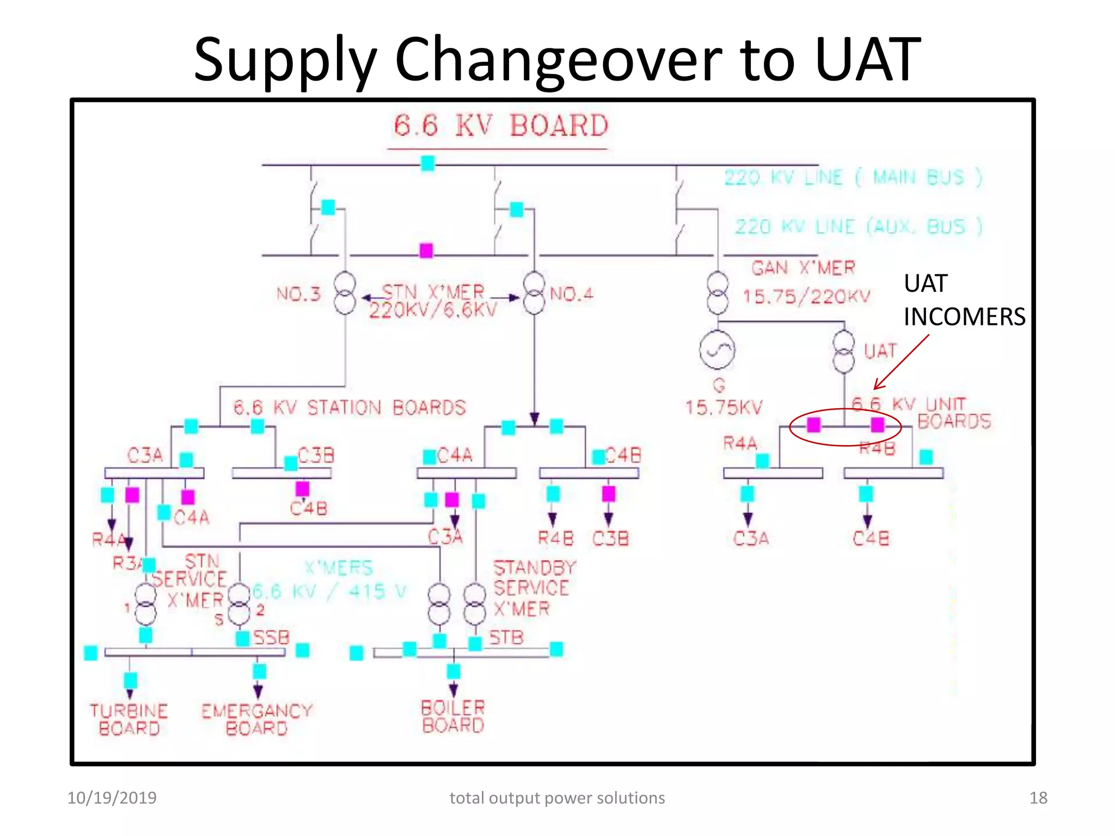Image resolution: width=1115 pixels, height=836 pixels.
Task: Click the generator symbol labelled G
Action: click(x=717, y=350)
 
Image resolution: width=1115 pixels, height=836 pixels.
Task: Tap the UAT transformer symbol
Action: click(x=843, y=352)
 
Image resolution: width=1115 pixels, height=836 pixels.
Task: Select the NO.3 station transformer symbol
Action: click(x=345, y=293)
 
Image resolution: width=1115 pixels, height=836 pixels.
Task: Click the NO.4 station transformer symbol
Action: click(x=534, y=293)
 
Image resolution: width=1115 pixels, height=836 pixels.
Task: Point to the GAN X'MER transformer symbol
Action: click(x=718, y=293)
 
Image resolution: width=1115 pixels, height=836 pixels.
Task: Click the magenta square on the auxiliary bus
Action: click(x=426, y=250)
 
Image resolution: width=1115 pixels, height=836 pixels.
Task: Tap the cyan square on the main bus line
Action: click(x=428, y=163)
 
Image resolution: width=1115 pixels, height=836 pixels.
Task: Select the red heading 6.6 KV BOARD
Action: click(x=500, y=126)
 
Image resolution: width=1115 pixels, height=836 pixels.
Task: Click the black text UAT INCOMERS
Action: click(x=964, y=300)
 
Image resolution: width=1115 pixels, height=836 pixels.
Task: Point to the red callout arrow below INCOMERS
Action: click(x=901, y=362)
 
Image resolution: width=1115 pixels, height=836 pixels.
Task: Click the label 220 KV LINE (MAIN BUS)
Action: click(x=853, y=177)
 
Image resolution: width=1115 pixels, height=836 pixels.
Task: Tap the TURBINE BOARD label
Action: click(x=129, y=720)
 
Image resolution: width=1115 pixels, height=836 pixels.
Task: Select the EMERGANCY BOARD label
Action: click(x=256, y=720)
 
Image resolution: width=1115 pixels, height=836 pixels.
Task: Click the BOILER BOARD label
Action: click(x=453, y=716)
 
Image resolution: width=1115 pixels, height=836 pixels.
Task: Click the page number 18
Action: click(x=1038, y=798)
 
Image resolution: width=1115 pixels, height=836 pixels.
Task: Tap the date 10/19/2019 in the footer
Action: click(x=112, y=798)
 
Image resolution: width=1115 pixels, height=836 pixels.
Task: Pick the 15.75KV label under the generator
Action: click(x=724, y=407)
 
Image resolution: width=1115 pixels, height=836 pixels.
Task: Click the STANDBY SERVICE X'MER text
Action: click(x=534, y=588)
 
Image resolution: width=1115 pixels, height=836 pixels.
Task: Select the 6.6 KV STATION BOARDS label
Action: click(x=350, y=408)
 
